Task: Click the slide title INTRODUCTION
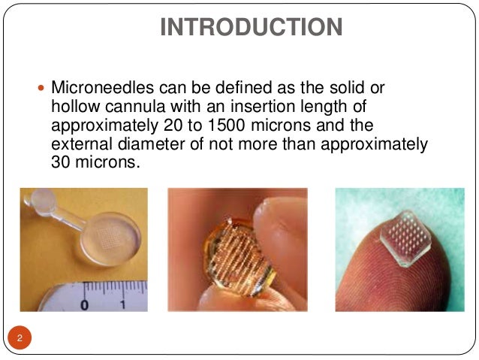tap(252, 27)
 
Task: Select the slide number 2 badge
tap(20, 338)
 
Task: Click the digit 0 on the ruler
tap(85, 304)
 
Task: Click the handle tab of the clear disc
tap(37, 205)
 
